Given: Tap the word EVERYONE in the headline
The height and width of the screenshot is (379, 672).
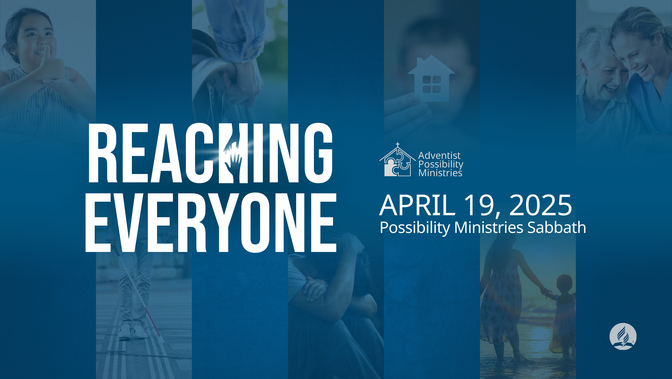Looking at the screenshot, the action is (211, 223).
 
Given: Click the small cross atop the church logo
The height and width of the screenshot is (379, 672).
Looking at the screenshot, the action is (397, 144).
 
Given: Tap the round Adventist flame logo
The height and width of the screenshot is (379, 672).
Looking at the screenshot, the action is (623, 336).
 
